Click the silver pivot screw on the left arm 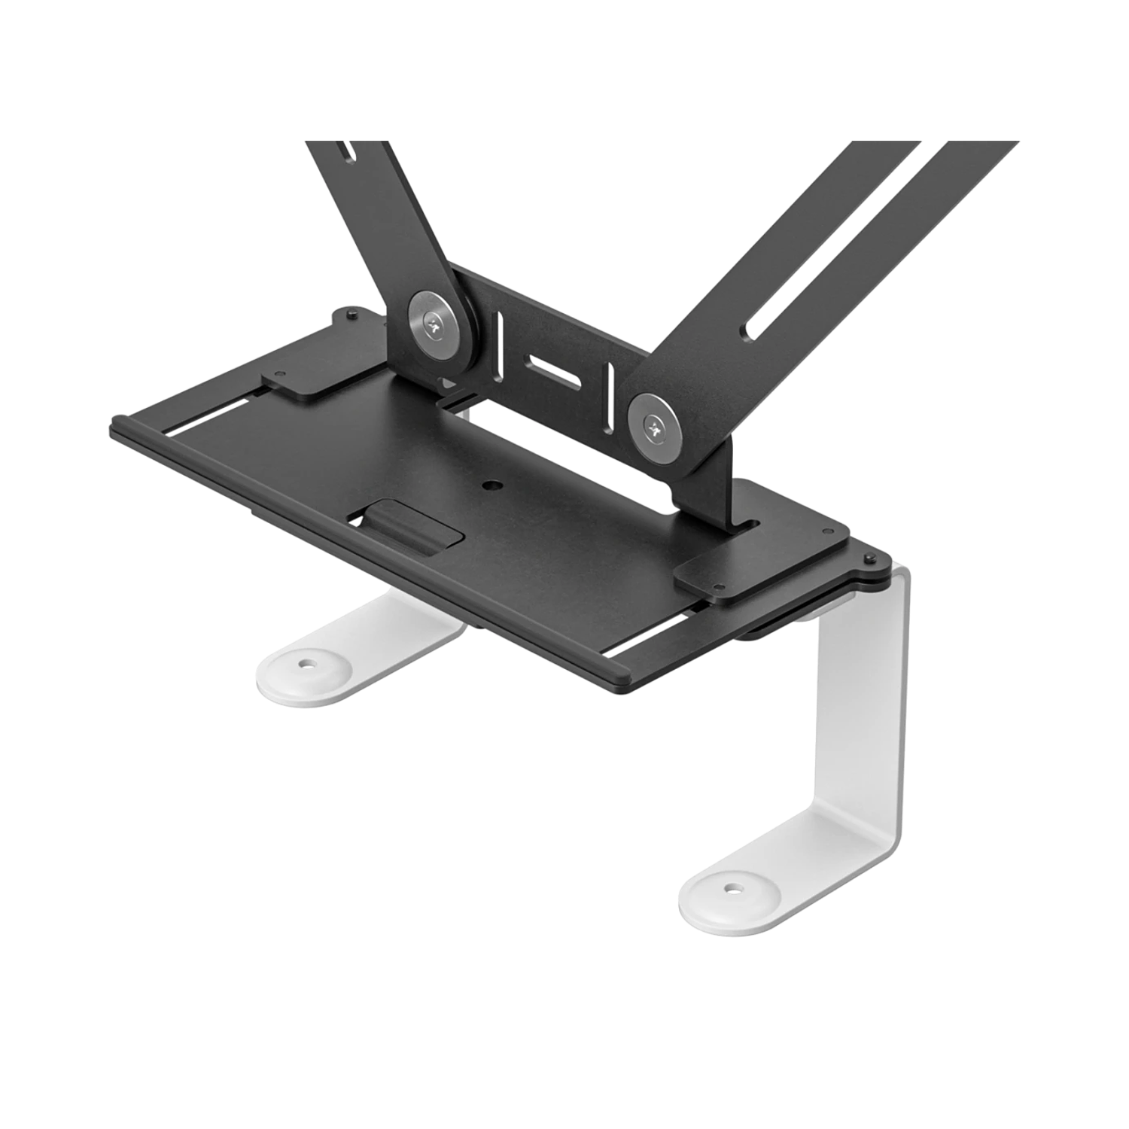tap(436, 322)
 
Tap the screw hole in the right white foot tap(730, 889)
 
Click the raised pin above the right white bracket tap(871, 558)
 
